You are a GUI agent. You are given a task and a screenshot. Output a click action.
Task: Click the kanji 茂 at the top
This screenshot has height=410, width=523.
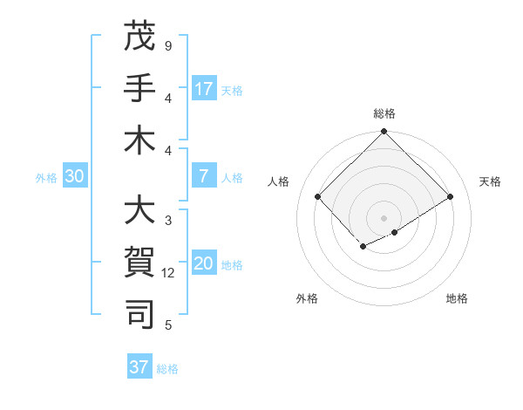[140, 37]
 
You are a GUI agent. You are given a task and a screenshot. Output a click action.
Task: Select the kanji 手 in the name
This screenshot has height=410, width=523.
[140, 88]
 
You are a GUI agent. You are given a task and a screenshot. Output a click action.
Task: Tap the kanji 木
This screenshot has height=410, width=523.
[140, 140]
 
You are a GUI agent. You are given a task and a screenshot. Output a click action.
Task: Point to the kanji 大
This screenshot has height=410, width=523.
[140, 211]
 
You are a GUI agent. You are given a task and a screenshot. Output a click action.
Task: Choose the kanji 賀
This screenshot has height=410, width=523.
[140, 263]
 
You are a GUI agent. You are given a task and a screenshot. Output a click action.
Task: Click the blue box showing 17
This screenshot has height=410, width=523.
[204, 89]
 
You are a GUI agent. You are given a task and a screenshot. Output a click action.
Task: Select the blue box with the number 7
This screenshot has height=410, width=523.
[204, 177]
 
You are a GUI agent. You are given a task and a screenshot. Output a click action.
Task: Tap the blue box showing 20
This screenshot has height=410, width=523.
[204, 264]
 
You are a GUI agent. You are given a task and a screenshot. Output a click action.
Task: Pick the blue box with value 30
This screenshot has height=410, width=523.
[74, 177]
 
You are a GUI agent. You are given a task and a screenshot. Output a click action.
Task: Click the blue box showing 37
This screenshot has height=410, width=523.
[139, 367]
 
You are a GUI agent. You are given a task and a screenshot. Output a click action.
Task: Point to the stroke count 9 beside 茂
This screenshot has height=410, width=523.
[167, 45]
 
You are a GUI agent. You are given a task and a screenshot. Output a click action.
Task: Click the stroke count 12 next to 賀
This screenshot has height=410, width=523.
[168, 273]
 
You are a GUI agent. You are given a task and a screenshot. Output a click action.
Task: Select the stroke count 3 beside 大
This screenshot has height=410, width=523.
[167, 221]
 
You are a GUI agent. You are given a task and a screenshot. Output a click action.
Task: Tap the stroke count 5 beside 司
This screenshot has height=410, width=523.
[167, 325]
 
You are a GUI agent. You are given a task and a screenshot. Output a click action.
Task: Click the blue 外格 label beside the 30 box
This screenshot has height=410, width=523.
[46, 178]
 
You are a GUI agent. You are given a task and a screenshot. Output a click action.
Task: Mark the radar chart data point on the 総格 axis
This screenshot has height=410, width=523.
[384, 132]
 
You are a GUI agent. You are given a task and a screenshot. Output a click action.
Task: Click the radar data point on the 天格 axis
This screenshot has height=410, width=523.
[451, 197]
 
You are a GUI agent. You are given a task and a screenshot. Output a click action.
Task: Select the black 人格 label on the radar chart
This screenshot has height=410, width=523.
[279, 181]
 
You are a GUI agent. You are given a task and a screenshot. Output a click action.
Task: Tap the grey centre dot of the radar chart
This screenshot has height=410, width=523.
[384, 217]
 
